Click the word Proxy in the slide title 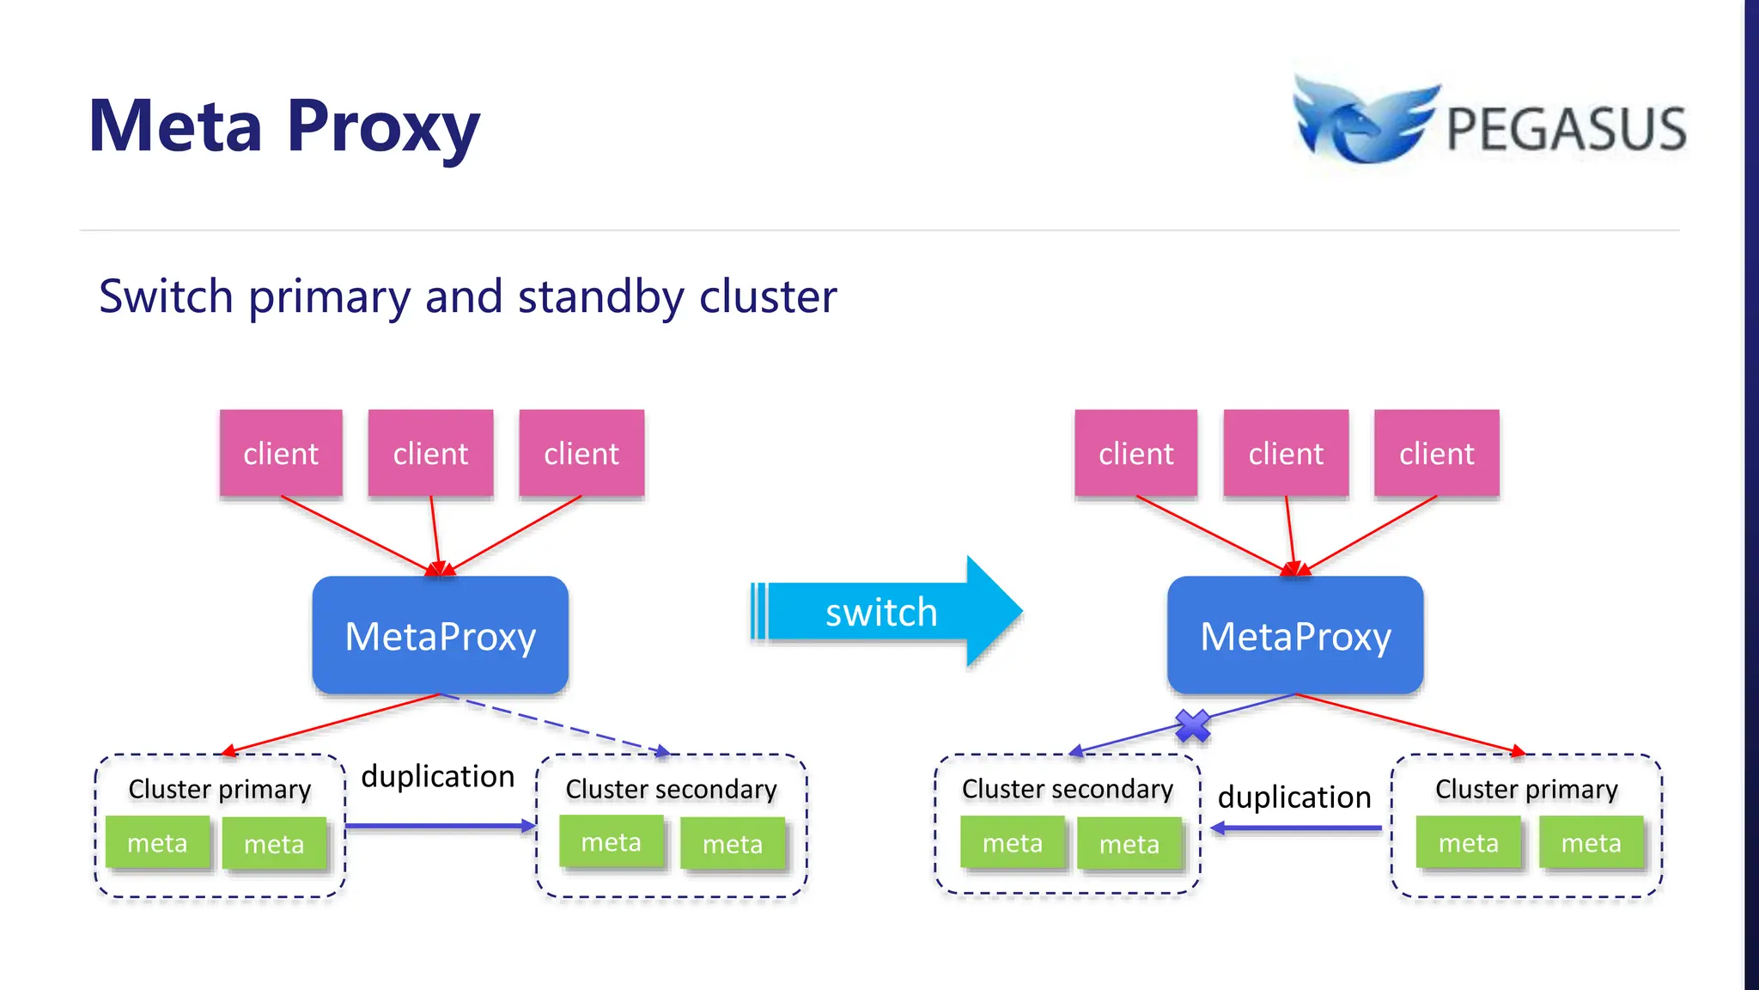tap(383, 127)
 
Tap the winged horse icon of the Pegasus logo tap(1366, 119)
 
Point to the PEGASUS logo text tap(1567, 129)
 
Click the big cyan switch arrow tap(886, 612)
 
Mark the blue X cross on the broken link tap(1193, 726)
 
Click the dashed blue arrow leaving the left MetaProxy tap(555, 724)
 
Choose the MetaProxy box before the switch tap(441, 635)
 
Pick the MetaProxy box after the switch tap(1295, 635)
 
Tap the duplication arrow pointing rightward tap(441, 826)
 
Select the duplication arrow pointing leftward tap(1296, 828)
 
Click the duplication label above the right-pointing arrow tap(438, 777)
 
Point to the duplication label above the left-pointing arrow tap(1294, 797)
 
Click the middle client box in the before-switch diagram tap(431, 453)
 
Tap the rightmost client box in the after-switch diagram tap(1437, 453)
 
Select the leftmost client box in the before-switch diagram tap(281, 453)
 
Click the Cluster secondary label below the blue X tap(1068, 789)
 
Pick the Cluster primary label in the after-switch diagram tap(1527, 790)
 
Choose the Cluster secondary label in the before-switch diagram tap(672, 790)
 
